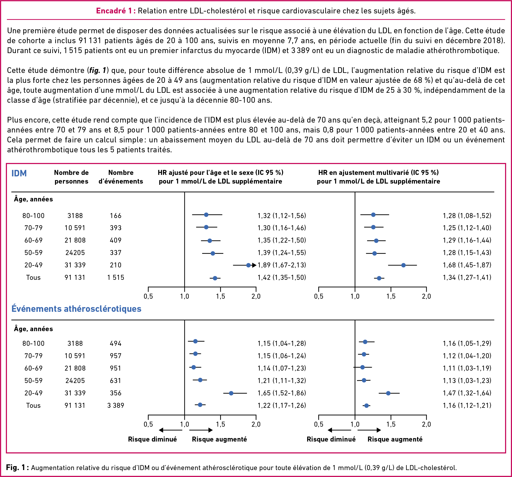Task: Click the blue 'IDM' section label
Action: (x=19, y=173)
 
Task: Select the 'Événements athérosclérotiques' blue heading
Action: (x=77, y=309)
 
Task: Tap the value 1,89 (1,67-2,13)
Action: (x=282, y=265)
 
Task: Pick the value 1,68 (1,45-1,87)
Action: (x=467, y=265)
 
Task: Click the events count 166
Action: (x=116, y=216)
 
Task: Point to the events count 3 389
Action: (x=116, y=405)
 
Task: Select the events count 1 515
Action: (x=116, y=277)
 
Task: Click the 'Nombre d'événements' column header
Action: (x=121, y=177)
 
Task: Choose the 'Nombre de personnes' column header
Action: (x=71, y=177)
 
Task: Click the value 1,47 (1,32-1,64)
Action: (x=467, y=393)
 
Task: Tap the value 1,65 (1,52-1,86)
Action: (x=282, y=393)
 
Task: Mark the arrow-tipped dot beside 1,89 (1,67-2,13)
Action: (x=248, y=265)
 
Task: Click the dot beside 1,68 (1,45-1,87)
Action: (x=403, y=265)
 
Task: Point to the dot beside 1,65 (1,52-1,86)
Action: (x=231, y=393)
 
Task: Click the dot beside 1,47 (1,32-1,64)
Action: (x=388, y=393)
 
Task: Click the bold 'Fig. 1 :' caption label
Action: (x=18, y=468)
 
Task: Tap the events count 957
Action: (x=116, y=356)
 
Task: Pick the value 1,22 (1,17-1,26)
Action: (x=282, y=405)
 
